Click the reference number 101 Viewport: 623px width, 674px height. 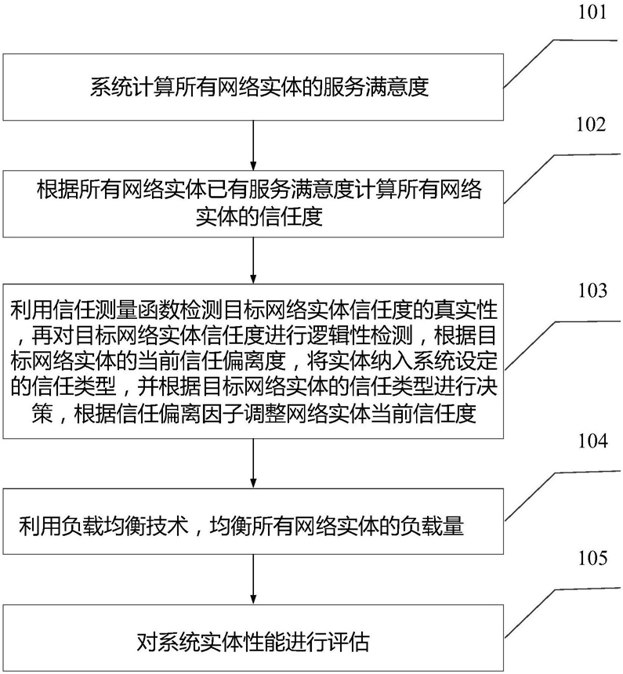tap(592, 12)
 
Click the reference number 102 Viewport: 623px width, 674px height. tap(591, 125)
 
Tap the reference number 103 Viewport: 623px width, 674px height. tap(592, 291)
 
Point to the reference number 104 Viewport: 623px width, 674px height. tap(592, 440)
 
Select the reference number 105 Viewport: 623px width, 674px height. tap(592, 557)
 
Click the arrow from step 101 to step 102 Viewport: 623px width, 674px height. tap(253, 145)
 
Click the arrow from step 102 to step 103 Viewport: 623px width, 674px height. tap(253, 260)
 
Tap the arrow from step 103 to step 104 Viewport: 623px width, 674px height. tap(253, 463)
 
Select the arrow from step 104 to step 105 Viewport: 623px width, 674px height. tap(253, 579)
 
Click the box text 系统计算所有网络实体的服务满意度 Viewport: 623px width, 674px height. tap(259, 87)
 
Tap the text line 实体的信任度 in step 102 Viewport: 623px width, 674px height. tap(259, 216)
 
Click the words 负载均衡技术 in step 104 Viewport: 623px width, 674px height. tap(125, 525)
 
